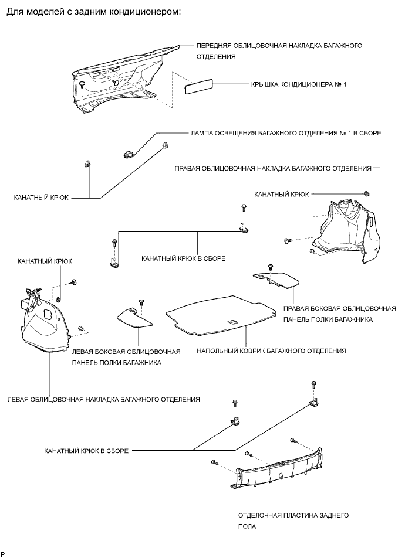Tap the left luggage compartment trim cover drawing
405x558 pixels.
point(44,319)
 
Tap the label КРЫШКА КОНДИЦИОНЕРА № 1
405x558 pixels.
point(298,84)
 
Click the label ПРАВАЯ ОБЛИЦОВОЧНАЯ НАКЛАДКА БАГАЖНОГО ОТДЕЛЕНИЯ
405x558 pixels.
point(274,168)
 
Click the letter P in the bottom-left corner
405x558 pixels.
point(4,553)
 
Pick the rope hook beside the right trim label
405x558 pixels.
point(366,193)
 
